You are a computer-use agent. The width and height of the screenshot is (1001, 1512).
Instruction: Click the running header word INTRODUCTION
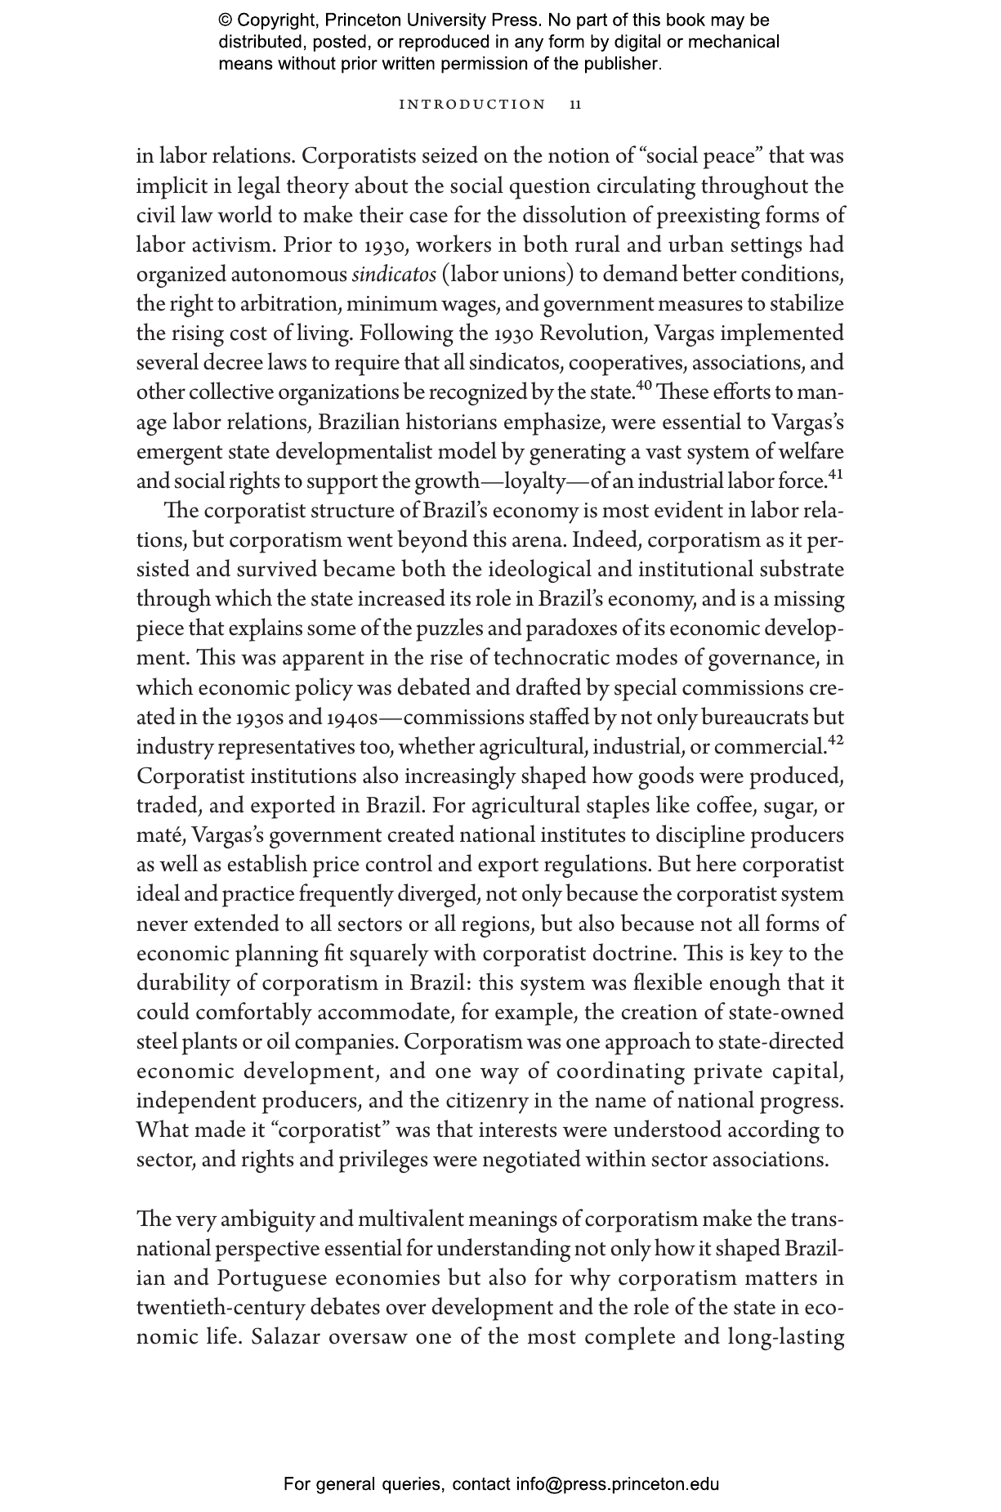coord(471,105)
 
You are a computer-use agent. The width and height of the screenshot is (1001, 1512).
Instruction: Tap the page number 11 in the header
coord(576,105)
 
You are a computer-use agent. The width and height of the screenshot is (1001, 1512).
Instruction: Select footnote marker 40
coord(643,385)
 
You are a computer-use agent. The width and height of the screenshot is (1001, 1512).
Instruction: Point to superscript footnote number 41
coord(835,474)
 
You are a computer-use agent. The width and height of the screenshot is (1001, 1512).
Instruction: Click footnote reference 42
coord(835,740)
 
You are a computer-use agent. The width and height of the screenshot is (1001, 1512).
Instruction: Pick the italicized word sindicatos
coord(394,275)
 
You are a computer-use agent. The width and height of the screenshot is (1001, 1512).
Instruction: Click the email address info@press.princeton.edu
coord(617,1483)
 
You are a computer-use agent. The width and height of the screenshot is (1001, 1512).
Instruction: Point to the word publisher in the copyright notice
coord(619,64)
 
